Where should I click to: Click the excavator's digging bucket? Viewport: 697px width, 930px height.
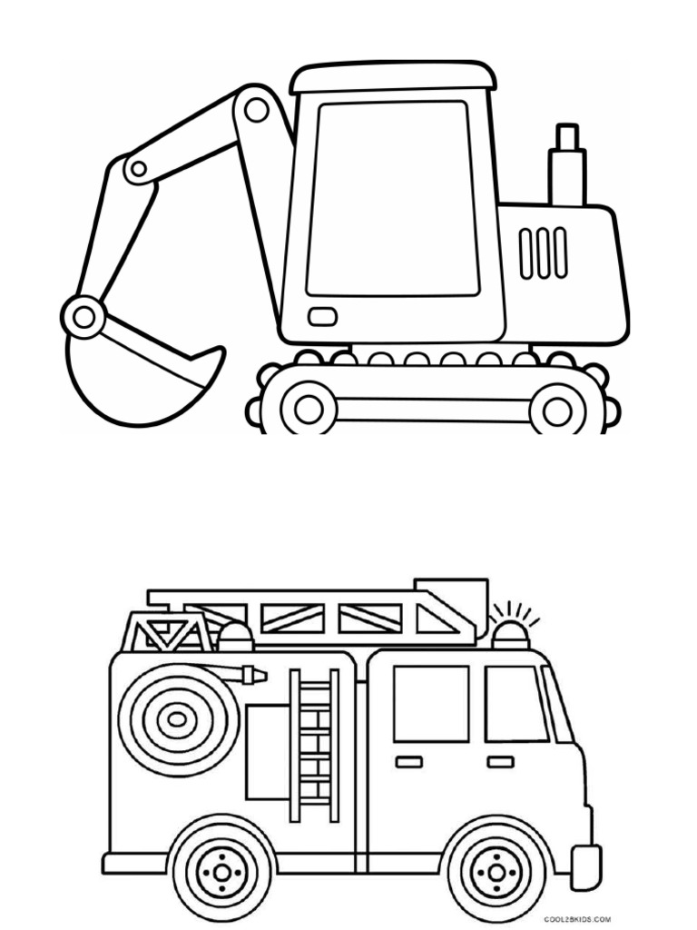pos(136,381)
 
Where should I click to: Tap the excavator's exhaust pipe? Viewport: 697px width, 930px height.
pos(567,169)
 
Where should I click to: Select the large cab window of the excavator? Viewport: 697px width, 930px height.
pos(392,198)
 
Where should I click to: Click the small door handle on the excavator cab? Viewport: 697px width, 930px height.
pos(322,317)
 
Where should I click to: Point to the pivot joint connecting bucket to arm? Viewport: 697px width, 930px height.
pos(85,317)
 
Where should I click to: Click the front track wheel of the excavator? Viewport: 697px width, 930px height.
pos(309,409)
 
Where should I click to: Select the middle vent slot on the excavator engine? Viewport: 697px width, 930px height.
pos(543,252)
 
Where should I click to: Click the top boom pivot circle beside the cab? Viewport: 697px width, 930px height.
pos(257,110)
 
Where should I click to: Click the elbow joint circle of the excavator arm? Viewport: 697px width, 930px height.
pos(137,168)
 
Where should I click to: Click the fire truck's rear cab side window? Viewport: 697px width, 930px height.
pos(431,703)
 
